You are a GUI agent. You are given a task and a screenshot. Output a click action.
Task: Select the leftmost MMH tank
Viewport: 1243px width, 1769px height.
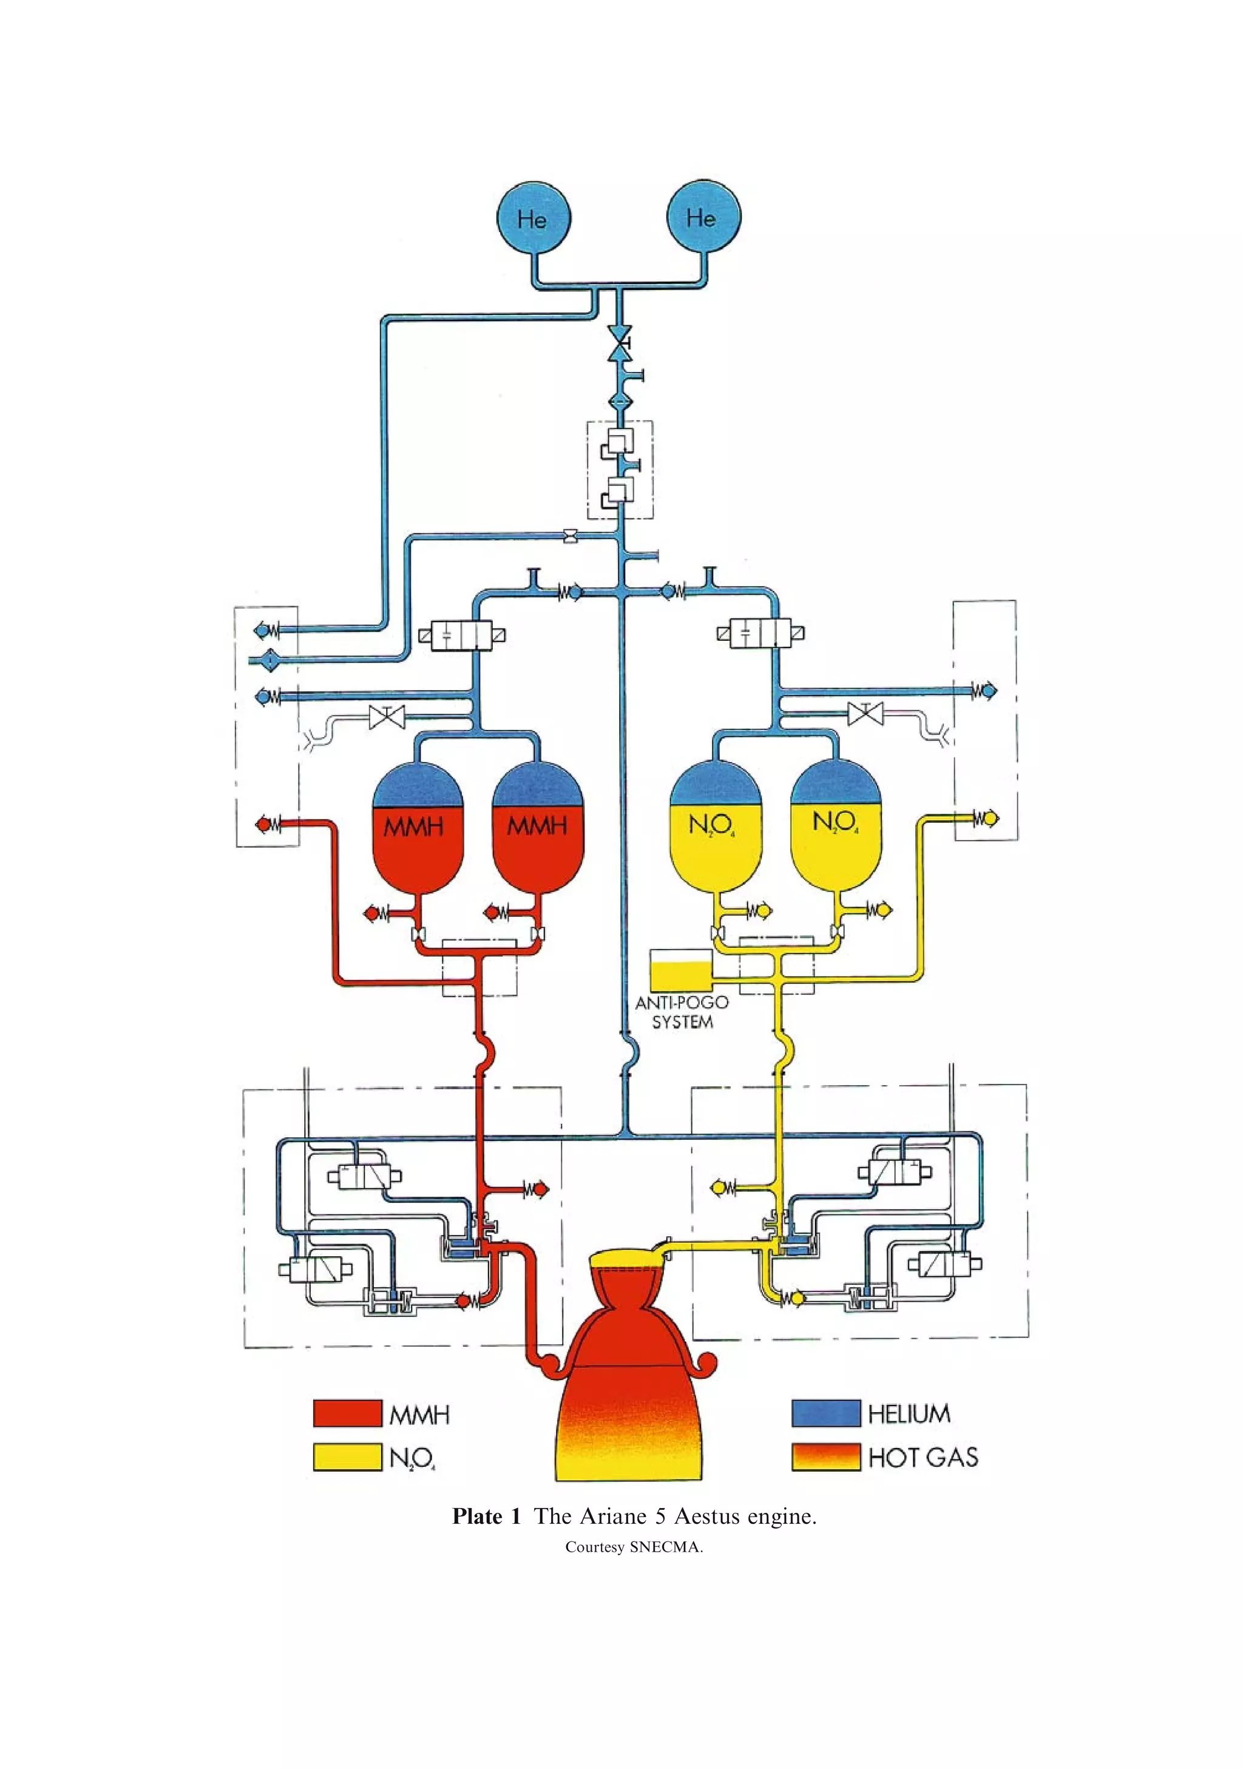(417, 829)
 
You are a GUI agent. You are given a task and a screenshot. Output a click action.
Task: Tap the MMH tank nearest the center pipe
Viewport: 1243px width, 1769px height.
(537, 829)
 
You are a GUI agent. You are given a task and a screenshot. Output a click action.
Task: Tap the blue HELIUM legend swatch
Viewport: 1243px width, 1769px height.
(825, 1413)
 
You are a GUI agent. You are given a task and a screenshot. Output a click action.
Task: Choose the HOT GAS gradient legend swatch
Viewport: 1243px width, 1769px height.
(825, 1457)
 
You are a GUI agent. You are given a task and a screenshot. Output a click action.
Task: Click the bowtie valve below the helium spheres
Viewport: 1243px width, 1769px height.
(619, 343)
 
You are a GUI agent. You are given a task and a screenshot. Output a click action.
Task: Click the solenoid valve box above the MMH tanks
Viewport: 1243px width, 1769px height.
(462, 635)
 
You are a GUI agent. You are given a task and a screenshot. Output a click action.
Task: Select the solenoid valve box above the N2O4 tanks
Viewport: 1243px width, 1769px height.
(760, 634)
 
